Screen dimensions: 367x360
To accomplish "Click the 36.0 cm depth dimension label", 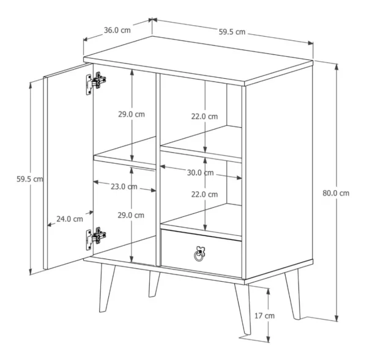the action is tap(117, 30).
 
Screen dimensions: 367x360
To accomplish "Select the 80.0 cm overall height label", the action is tap(336, 193).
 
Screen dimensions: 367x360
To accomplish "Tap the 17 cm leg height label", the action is tap(264, 316).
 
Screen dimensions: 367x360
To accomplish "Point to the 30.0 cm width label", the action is tap(201, 172).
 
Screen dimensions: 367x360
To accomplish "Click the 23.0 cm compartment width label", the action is tap(124, 186).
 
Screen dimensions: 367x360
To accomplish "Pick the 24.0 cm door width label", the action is tap(70, 219).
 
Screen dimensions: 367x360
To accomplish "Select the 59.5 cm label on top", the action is tap(232, 32).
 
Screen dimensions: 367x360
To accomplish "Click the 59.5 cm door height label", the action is tap(30, 179).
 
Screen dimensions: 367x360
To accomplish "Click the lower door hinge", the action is tap(95, 238).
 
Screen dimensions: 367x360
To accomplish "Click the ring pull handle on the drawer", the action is tap(199, 254).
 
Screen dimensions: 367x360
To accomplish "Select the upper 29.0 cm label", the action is tap(132, 114).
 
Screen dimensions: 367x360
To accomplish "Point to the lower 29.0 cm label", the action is tap(131, 215).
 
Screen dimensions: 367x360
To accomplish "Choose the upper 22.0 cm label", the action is tap(204, 117).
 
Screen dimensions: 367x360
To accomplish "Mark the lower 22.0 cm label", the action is tap(204, 194).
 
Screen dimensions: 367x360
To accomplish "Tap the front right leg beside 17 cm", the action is tap(243, 309).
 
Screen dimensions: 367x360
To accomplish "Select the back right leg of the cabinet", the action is tap(293, 294).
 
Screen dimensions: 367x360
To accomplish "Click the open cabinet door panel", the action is tap(69, 166).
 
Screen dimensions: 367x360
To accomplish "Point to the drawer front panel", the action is tap(201, 254).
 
